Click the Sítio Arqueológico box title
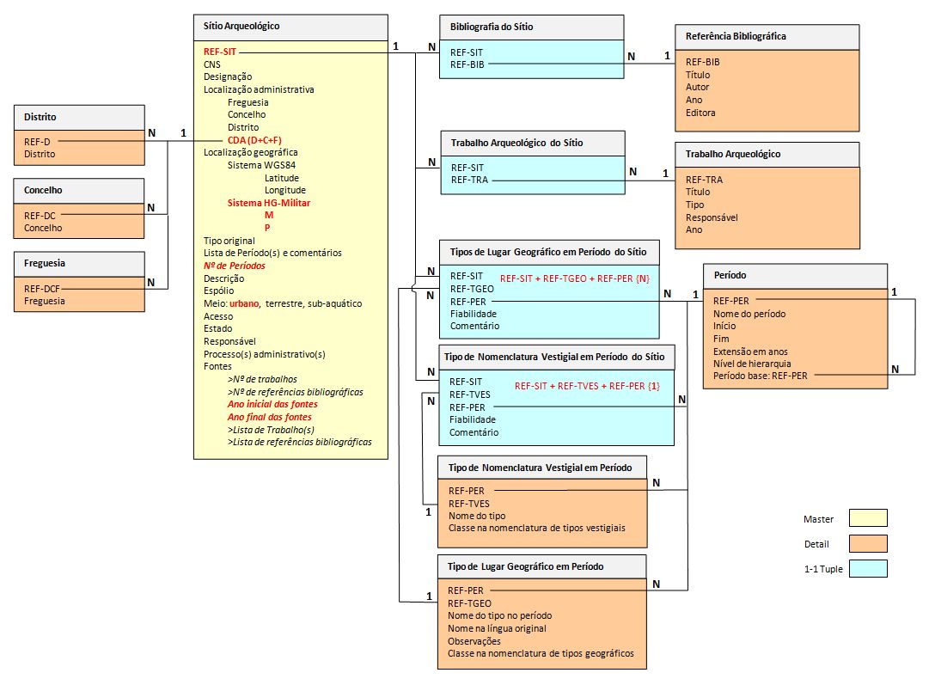241,27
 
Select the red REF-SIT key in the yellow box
220,52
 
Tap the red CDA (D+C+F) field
255,140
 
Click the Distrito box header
41,117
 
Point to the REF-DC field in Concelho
39,216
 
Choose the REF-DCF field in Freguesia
42,289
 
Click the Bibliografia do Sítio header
492,27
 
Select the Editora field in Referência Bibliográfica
700,113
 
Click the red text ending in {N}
574,279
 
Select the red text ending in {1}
587,386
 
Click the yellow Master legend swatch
867,518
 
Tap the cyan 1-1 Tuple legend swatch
867,568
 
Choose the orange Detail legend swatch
867,543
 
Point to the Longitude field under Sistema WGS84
285,190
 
